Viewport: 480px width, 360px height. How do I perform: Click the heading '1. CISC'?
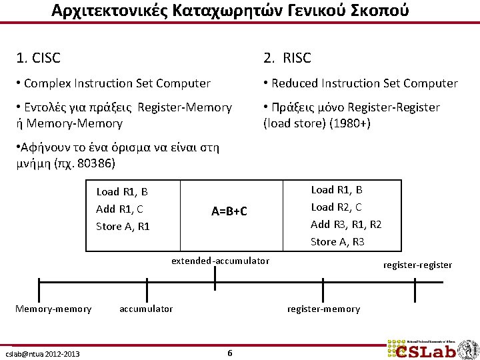(38, 58)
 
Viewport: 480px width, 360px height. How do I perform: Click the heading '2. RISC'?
(287, 58)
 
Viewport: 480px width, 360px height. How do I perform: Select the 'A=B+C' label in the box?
(229, 211)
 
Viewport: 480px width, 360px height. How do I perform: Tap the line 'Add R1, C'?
(119, 209)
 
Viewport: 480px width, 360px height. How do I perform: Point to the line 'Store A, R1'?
(123, 227)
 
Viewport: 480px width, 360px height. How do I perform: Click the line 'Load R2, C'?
(337, 207)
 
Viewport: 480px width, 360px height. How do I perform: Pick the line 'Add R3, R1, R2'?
(346, 224)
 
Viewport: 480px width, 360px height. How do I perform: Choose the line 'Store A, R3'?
(337, 241)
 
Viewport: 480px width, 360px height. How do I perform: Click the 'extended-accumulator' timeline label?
(220, 261)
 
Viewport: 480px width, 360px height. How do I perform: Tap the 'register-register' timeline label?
(417, 265)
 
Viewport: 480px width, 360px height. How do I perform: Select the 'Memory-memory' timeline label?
(53, 309)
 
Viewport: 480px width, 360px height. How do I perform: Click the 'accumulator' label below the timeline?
(146, 309)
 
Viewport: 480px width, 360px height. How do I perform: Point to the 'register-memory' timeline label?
(323, 309)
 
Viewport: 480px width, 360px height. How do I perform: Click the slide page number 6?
(229, 353)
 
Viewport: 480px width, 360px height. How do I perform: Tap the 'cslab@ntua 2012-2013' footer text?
(42, 353)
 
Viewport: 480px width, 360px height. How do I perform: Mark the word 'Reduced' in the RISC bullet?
(296, 83)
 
